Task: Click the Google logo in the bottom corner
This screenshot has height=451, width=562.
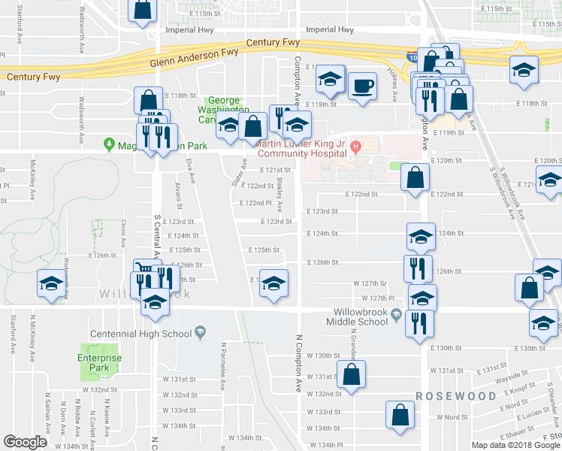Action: (x=25, y=442)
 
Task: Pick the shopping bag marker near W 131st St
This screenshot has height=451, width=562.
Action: (x=351, y=374)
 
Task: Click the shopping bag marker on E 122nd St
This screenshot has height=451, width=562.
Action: (x=415, y=178)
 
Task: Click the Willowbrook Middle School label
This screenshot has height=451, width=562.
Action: (x=364, y=313)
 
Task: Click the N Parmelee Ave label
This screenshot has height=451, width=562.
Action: (x=223, y=367)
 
